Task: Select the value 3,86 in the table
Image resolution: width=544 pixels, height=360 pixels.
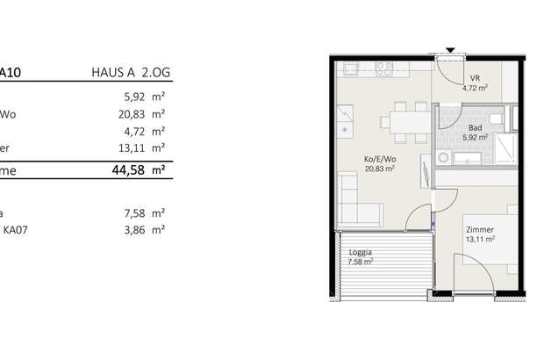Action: [x=132, y=229]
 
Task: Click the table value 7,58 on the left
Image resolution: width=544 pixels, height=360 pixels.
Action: [x=132, y=212]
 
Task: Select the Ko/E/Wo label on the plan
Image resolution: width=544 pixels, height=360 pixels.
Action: [x=379, y=159]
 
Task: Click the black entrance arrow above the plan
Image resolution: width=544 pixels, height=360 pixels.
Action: [x=447, y=50]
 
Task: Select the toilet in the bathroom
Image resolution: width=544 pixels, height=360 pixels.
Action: [x=497, y=119]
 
